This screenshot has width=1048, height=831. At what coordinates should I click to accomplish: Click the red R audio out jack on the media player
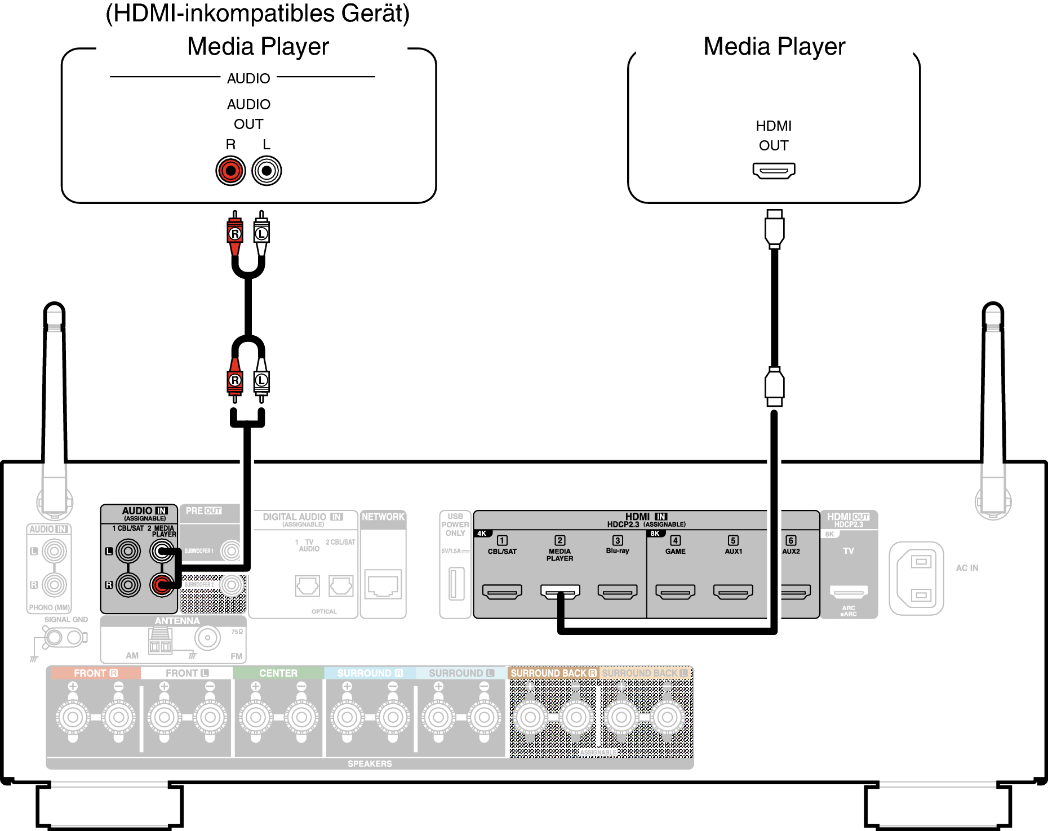[230, 171]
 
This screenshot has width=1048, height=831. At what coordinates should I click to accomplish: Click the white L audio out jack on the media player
[267, 171]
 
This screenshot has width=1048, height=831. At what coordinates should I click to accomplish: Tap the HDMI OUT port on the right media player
[774, 170]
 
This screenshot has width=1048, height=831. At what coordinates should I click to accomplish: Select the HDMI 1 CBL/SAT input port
[502, 592]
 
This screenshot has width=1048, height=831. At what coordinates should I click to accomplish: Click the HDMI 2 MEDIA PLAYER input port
[559, 592]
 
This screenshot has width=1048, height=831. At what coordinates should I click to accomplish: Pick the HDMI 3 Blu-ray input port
[618, 592]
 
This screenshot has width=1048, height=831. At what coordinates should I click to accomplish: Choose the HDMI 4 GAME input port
[675, 592]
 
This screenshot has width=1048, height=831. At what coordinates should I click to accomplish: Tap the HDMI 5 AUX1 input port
[733, 592]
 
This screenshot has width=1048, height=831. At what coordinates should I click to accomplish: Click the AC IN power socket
[916, 579]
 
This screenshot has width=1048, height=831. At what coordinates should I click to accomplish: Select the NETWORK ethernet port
[383, 584]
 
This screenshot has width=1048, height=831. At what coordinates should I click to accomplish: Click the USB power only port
[456, 584]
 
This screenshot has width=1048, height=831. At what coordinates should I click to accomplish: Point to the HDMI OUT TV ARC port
[849, 592]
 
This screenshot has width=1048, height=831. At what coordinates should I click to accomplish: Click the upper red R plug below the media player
[235, 233]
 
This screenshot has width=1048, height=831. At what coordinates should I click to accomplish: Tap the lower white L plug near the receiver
[261, 381]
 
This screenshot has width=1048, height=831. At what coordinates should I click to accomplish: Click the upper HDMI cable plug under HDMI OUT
[774, 229]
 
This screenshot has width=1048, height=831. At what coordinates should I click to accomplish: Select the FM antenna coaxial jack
[207, 638]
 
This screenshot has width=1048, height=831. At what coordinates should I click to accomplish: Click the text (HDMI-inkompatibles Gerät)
[257, 14]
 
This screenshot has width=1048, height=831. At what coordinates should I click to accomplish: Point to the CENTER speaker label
[278, 673]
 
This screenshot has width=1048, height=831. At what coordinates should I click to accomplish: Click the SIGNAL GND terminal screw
[54, 638]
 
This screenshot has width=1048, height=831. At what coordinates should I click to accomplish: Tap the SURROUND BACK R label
[553, 673]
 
